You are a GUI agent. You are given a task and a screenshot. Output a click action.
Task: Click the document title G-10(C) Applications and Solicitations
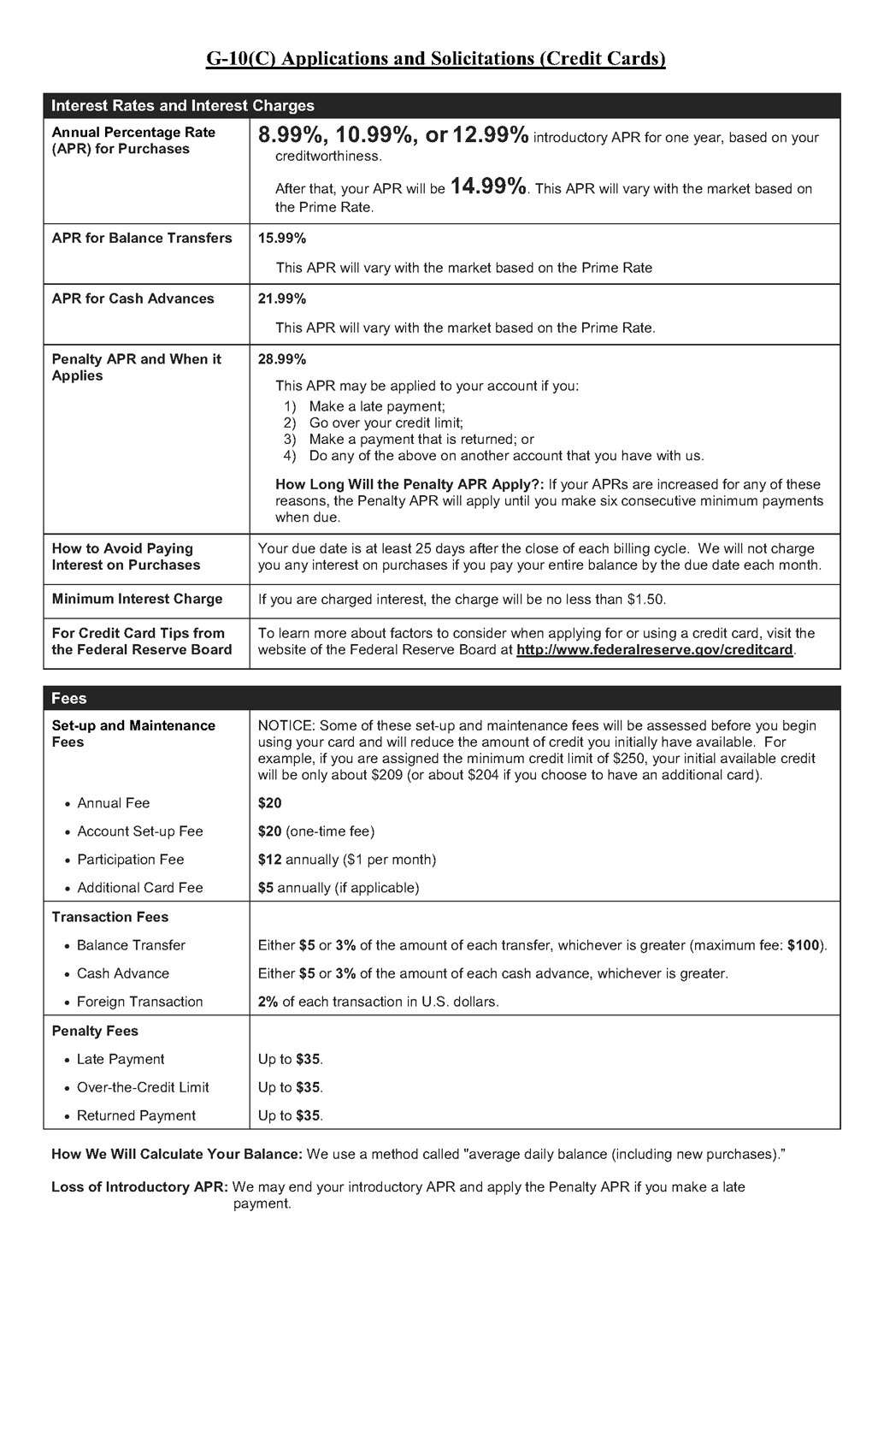[x=435, y=58]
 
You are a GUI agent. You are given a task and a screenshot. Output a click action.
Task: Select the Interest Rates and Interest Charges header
[x=182, y=106]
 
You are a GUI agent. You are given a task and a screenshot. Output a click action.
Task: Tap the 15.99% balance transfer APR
[x=281, y=238]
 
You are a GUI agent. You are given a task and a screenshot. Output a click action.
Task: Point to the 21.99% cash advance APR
[x=281, y=299]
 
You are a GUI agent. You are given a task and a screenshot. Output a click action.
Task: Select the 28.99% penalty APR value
[x=281, y=359]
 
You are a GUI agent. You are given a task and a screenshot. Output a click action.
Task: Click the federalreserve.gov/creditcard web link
[x=655, y=650]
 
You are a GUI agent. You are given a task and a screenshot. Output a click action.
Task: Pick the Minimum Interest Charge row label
[x=137, y=599]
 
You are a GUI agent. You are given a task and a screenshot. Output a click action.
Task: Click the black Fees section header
[x=69, y=699]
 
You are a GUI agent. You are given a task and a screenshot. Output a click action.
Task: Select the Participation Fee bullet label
[x=130, y=860]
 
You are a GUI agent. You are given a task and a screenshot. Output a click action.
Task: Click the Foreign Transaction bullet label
[x=139, y=1002]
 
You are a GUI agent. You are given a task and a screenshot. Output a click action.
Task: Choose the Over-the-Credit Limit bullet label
[x=143, y=1087]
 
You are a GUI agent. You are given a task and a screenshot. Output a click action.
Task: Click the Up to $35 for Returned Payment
[x=290, y=1115]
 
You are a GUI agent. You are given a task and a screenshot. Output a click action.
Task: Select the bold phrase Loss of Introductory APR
[x=139, y=1187]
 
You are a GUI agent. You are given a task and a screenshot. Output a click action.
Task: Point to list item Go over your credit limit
[x=386, y=423]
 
